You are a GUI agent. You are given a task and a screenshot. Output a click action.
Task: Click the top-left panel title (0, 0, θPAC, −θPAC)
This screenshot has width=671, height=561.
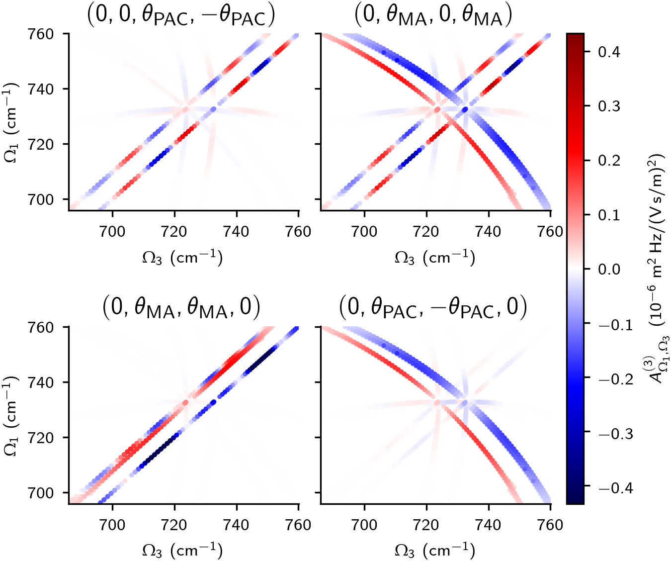181,16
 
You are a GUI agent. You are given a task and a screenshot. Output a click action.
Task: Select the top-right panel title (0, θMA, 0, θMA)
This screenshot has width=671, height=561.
433,16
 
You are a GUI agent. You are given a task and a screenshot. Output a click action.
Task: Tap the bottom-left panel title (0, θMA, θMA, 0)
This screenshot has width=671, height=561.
181,308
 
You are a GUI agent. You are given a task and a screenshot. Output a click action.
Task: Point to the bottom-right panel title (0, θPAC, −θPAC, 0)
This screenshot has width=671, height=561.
433,308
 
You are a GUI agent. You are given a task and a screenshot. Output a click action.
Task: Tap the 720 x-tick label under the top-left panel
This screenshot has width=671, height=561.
174,232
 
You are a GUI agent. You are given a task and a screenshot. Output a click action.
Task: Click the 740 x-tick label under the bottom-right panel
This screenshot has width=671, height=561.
489,525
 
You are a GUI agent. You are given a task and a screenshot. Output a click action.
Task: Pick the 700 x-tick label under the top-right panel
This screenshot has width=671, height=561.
364,232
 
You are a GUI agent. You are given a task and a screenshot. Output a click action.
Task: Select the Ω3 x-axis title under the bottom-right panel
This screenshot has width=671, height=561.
435,550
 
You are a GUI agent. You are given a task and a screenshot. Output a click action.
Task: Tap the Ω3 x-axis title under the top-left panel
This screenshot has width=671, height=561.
182,257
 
